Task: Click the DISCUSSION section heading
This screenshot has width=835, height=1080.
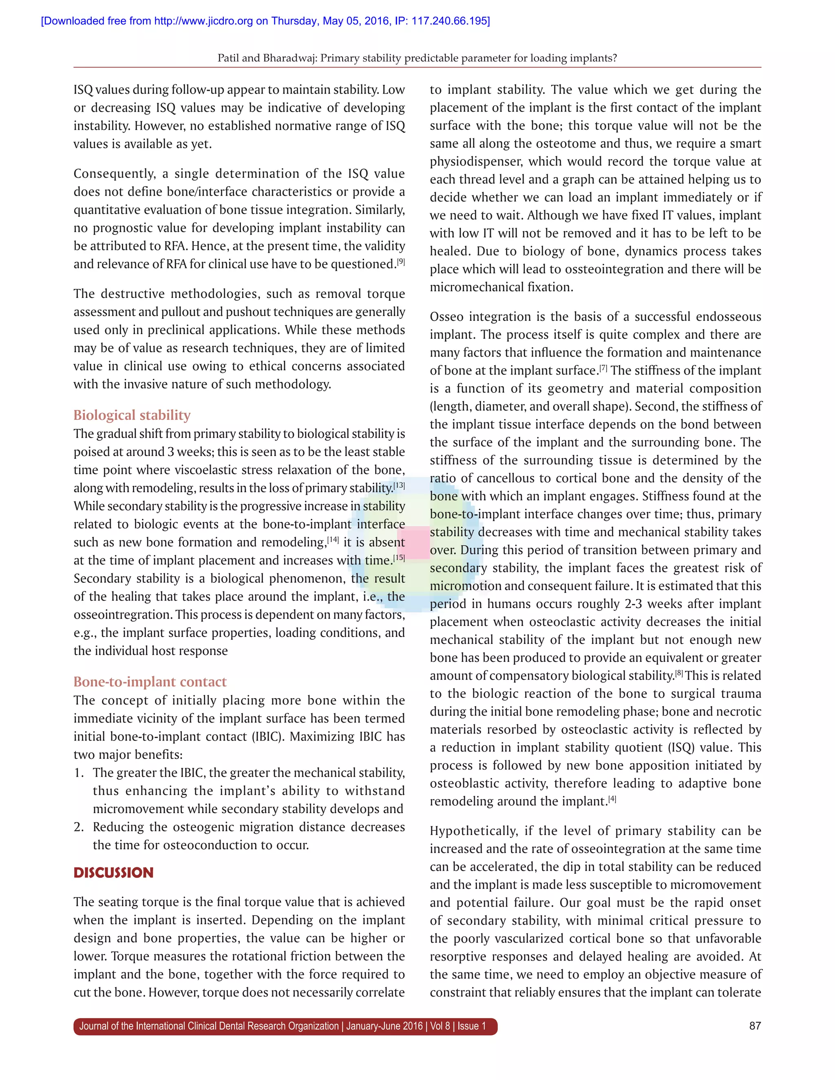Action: [x=113, y=872]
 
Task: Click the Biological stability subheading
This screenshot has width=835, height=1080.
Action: [x=132, y=415]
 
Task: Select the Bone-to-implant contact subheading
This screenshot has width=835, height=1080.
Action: [x=150, y=681]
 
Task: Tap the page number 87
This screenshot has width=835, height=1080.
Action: [x=755, y=1026]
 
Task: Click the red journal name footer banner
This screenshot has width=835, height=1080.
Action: [x=285, y=1026]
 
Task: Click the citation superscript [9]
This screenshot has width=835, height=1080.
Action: [x=401, y=262]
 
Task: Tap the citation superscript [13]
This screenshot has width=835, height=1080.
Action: [x=399, y=486]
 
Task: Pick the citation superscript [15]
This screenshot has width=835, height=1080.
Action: [x=399, y=558]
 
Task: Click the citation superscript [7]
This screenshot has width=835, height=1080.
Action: [x=603, y=368]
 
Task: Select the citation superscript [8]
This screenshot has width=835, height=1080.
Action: [x=679, y=673]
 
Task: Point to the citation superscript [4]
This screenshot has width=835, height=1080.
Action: [x=612, y=799]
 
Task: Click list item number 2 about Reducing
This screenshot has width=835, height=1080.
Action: [x=79, y=827]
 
